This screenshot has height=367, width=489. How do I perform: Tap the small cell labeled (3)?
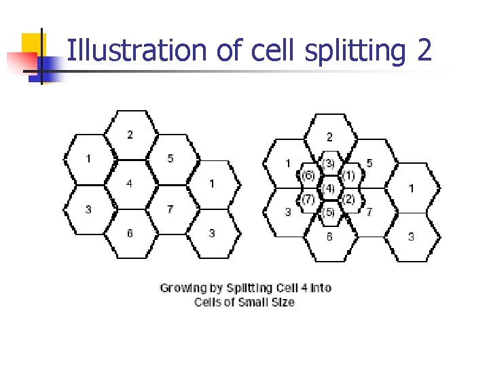pyautogui.click(x=329, y=163)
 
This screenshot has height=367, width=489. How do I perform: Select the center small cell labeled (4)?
pyautogui.click(x=329, y=187)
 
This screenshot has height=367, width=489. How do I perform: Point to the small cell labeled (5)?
pyautogui.click(x=329, y=212)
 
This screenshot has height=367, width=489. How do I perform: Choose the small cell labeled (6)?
pyautogui.click(x=308, y=175)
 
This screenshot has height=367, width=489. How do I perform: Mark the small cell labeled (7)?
pyautogui.click(x=308, y=199)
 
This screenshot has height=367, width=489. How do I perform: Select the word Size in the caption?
pyautogui.click(x=283, y=302)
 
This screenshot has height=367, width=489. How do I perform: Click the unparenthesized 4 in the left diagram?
pyautogui.click(x=129, y=183)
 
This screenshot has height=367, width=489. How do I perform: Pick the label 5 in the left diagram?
pyautogui.click(x=170, y=158)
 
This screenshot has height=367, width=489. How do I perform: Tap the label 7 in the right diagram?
pyautogui.click(x=369, y=212)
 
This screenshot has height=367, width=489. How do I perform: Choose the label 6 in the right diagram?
pyautogui.click(x=330, y=237)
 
